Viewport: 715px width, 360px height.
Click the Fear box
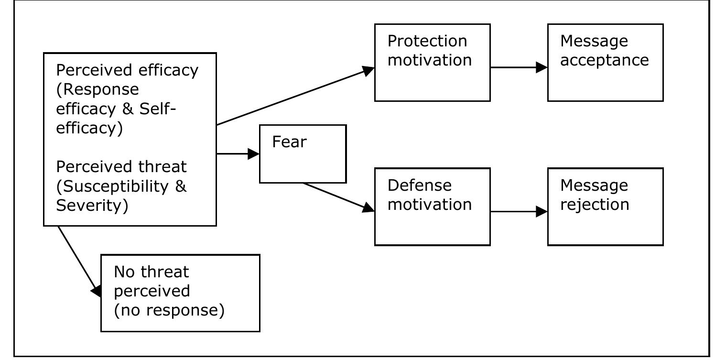(303, 154)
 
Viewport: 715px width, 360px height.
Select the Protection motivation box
(432, 63)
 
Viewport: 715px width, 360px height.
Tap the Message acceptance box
(605, 63)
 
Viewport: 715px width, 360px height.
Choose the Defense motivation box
(432, 207)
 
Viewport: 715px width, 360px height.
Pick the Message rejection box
(605, 207)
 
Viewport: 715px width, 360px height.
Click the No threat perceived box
(180, 293)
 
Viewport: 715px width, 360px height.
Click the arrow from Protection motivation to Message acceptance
(519, 67)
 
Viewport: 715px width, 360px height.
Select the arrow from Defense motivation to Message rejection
(519, 211)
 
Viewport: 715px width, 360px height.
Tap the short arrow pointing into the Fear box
(238, 154)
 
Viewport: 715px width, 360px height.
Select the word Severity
(90, 206)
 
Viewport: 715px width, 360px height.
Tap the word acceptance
(604, 60)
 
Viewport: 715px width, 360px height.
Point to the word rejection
(595, 205)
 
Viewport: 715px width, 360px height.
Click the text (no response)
(169, 310)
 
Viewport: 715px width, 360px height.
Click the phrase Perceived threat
(121, 167)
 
